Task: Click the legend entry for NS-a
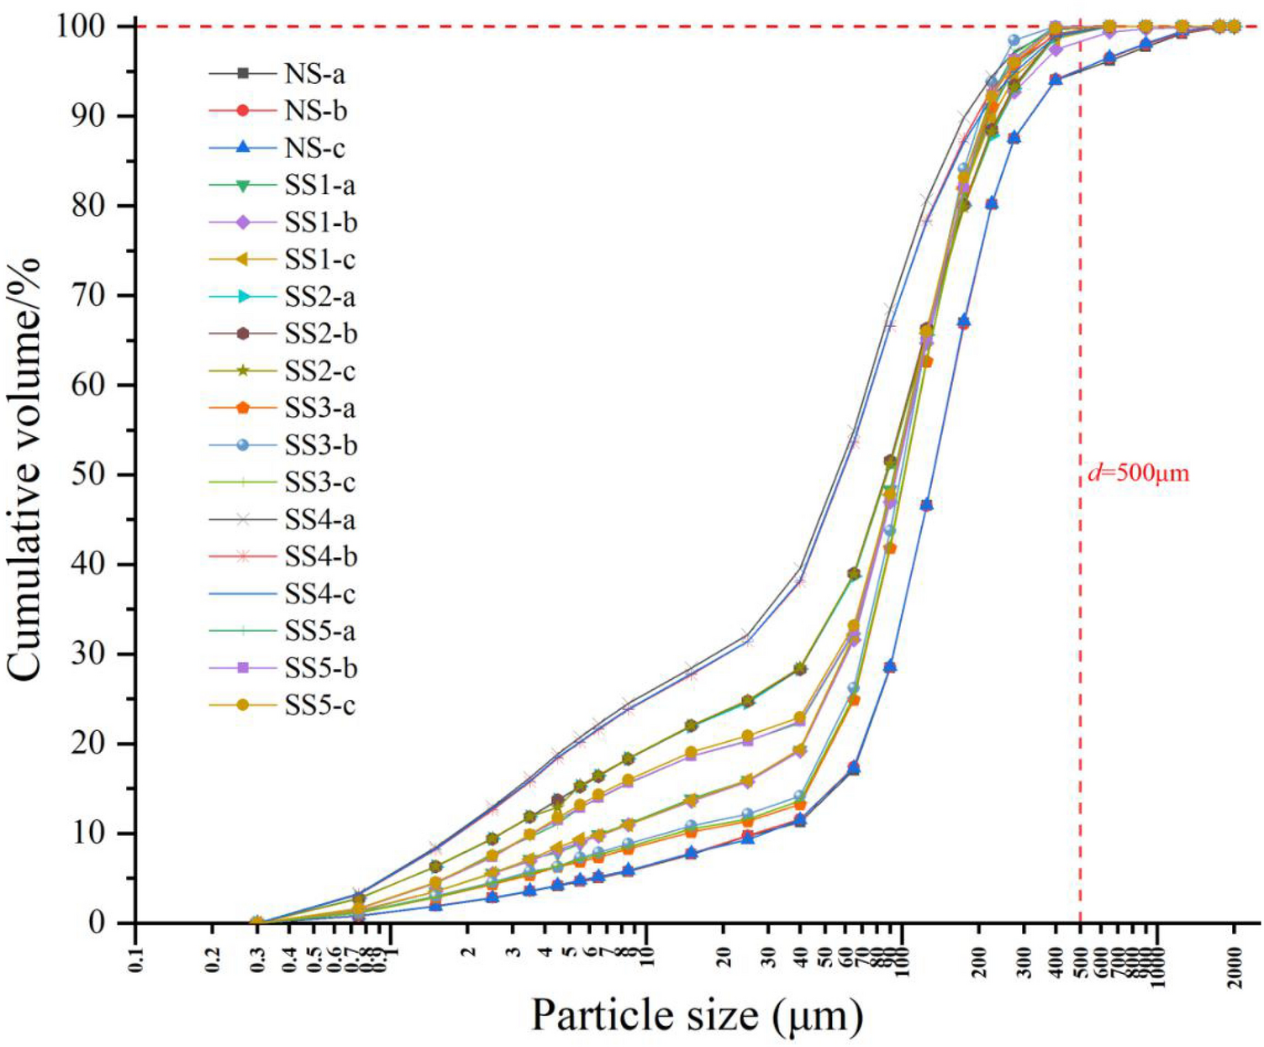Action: tap(314, 74)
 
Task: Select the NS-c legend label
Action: tap(314, 148)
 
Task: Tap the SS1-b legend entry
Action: tap(320, 223)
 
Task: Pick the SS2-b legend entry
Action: tap(320, 334)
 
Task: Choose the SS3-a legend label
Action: tap(319, 408)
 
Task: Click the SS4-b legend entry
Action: tap(320, 556)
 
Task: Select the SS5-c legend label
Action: tap(319, 705)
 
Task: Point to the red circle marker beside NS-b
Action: tap(243, 111)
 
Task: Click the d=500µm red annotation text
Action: tap(1139, 473)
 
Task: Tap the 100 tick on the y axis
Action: tap(82, 27)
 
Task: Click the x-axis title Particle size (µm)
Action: tap(697, 1015)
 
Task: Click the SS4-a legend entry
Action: tap(320, 519)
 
